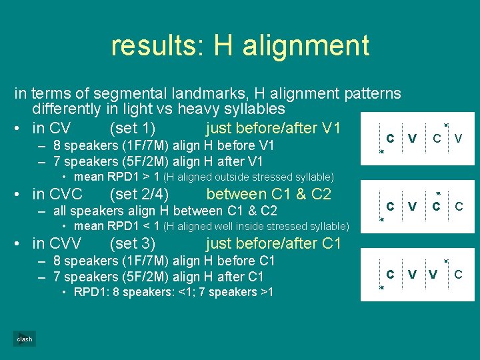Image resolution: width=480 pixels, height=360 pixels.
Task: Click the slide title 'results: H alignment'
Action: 239,45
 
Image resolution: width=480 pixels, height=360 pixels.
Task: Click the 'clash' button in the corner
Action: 25,339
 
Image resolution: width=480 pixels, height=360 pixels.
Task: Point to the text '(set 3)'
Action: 132,243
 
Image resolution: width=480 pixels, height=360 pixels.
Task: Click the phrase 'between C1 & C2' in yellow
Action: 269,195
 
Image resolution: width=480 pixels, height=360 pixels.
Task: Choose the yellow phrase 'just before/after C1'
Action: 273,243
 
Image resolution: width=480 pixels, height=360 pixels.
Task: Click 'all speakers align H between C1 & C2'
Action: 165,211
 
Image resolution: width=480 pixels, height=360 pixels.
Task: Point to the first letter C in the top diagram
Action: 390,138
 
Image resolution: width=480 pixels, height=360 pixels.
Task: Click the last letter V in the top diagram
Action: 459,139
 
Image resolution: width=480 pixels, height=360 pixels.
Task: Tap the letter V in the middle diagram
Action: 413,207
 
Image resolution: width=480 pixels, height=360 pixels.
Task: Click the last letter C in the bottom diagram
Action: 459,274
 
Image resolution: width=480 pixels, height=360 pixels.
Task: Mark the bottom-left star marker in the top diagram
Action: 382,152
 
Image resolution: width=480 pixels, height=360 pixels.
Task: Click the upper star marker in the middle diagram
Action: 438,194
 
